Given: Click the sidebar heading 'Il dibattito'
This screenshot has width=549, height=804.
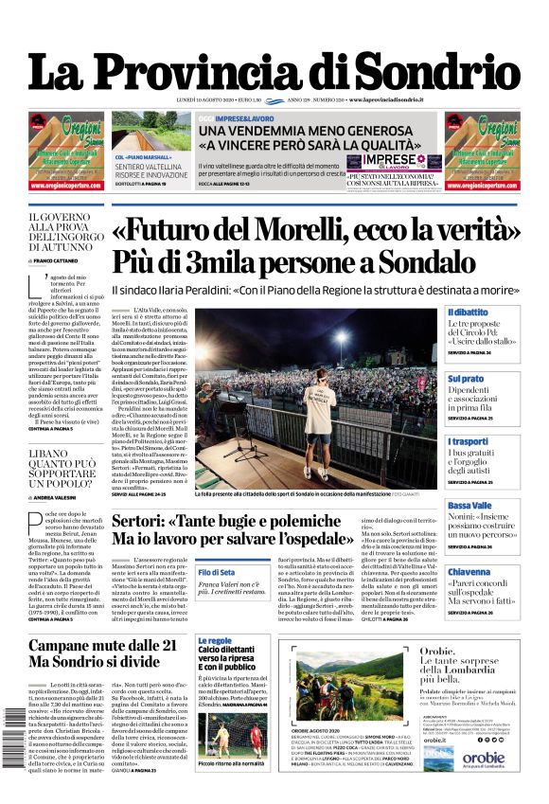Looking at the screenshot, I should (x=468, y=313).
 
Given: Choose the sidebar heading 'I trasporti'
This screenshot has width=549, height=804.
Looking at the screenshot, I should (x=469, y=442).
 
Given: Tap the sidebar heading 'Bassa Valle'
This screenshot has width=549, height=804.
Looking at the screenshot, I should (x=470, y=506).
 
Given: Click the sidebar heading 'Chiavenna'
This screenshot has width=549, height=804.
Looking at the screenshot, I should (x=469, y=572).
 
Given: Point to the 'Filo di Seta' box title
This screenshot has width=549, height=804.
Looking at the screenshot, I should (x=217, y=572).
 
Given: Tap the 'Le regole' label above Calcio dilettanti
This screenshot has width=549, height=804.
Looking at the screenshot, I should (x=214, y=641).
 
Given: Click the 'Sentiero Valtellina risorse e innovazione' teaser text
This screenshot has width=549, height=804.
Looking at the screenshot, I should (x=151, y=170).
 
